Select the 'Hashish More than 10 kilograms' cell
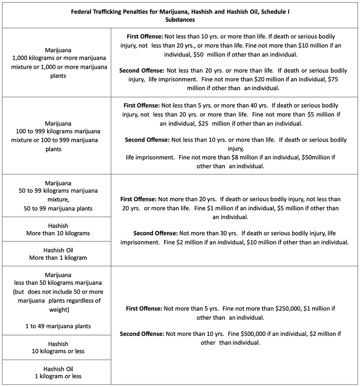pyautogui.click(x=58, y=229)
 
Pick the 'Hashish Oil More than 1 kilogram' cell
pyautogui.click(x=58, y=254)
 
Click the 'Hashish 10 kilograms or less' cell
pyautogui.click(x=58, y=348)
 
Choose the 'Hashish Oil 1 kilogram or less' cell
pyautogui.click(x=58, y=372)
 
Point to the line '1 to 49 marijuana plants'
pyautogui.click(x=58, y=326)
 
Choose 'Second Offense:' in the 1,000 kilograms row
pyautogui.click(x=142, y=71)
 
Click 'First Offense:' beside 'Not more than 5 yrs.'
pyautogui.click(x=144, y=309)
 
